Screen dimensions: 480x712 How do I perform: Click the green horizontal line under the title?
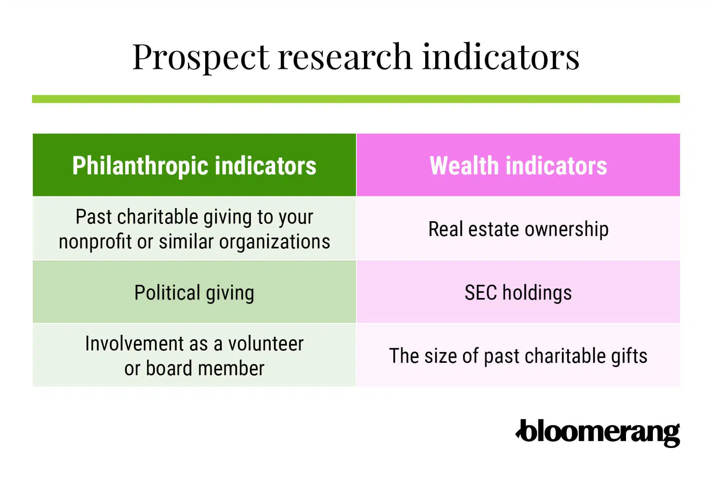356,99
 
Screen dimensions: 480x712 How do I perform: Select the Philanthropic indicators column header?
194,165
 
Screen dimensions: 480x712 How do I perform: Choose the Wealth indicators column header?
518,165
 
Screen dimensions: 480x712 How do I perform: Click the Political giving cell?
194,292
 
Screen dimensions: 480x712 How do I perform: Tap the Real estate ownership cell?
518,229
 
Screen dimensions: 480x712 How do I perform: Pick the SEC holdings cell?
518,292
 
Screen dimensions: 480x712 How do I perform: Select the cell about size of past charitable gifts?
518,356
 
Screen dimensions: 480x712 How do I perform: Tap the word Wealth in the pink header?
464,166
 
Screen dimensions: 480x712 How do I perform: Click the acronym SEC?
481,292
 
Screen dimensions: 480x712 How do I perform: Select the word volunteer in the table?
266,344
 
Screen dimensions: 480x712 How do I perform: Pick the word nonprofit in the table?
95,242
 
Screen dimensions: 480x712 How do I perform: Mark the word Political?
167,292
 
